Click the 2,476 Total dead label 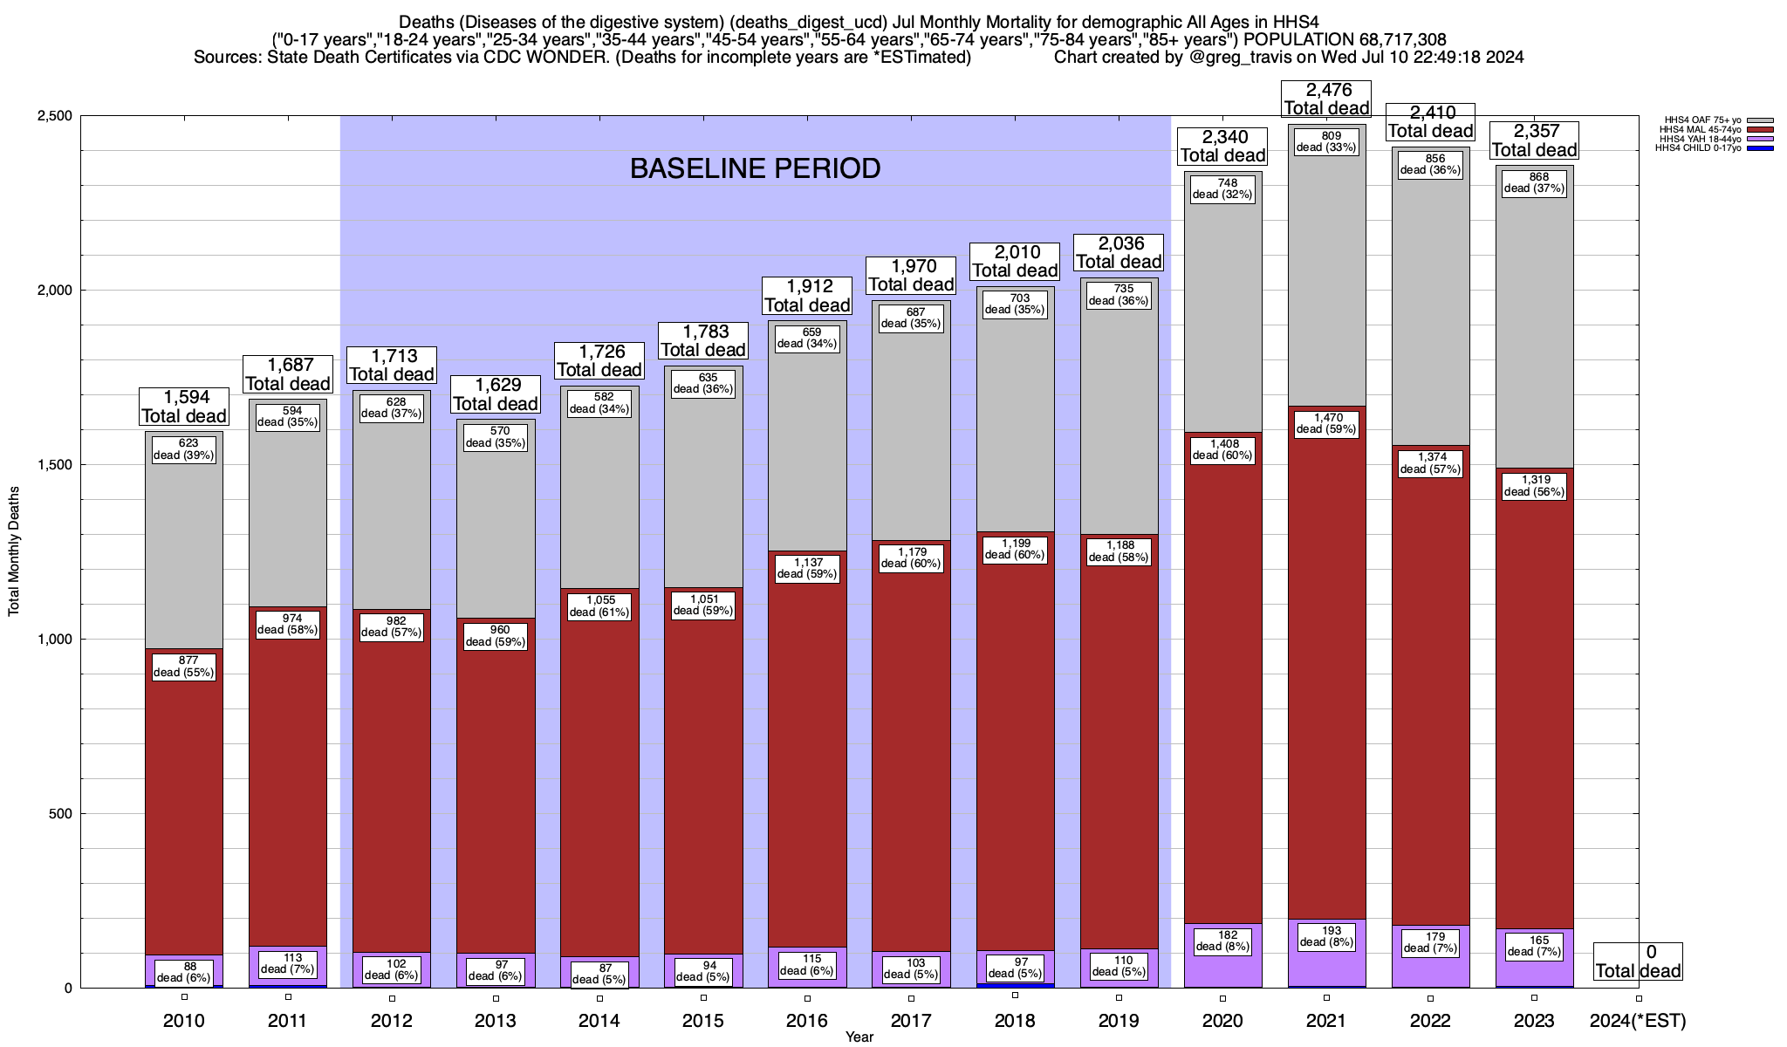pyautogui.click(x=1326, y=99)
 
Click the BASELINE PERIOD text pyautogui.click(x=755, y=168)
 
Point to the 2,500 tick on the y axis pyautogui.click(x=55, y=116)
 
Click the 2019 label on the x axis pyautogui.click(x=1119, y=1021)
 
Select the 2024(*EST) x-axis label pyautogui.click(x=1638, y=1021)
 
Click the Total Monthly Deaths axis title pyautogui.click(x=14, y=551)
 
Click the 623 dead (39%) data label pyautogui.click(x=184, y=449)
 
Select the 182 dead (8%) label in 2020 pyautogui.click(x=1222, y=941)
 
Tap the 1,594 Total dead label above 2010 pyautogui.click(x=184, y=407)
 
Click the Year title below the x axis pyautogui.click(x=859, y=1037)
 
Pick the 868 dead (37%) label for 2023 pyautogui.click(x=1534, y=182)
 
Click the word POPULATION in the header pyautogui.click(x=1292, y=39)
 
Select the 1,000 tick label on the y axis pyautogui.click(x=55, y=640)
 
